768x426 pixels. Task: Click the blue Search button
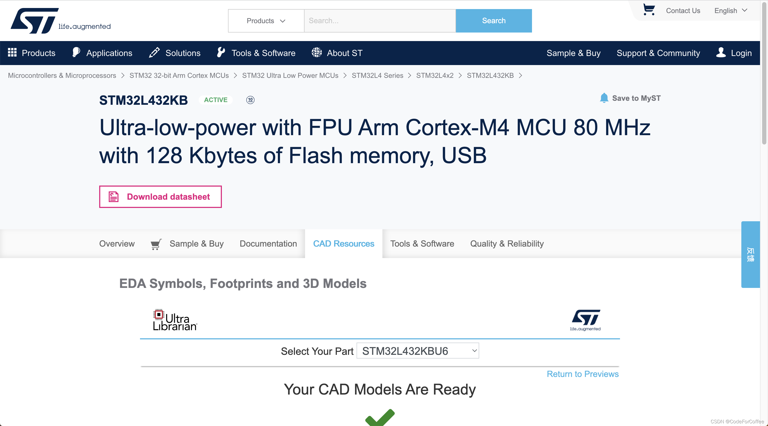pyautogui.click(x=493, y=21)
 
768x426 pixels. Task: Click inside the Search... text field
pyautogui.click(x=379, y=21)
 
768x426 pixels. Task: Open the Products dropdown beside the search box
pyautogui.click(x=266, y=21)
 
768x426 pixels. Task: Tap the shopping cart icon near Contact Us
pyautogui.click(x=649, y=10)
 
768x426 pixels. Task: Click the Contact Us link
pyautogui.click(x=683, y=11)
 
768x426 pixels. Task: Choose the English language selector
pyautogui.click(x=730, y=11)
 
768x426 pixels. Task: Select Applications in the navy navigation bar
pyautogui.click(x=109, y=53)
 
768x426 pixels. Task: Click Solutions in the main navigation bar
pyautogui.click(x=182, y=53)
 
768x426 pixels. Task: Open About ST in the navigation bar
pyautogui.click(x=344, y=53)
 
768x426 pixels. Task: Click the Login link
pyautogui.click(x=741, y=53)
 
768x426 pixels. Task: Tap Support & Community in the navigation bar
pyautogui.click(x=658, y=53)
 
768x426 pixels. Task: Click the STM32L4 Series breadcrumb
pyautogui.click(x=377, y=75)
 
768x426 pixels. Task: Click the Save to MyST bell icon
pyautogui.click(x=604, y=98)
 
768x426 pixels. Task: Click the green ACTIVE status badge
pyautogui.click(x=215, y=100)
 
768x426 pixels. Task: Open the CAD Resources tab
pyautogui.click(x=343, y=244)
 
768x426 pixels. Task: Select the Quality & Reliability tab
pyautogui.click(x=507, y=244)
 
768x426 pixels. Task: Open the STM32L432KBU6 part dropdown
pyautogui.click(x=417, y=351)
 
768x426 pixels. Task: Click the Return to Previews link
pyautogui.click(x=582, y=374)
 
